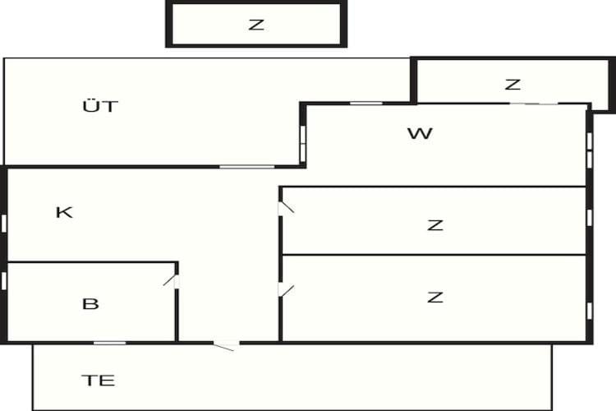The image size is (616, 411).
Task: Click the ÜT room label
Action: point(100,106)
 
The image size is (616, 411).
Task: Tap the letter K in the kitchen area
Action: point(64,212)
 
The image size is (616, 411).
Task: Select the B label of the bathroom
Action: point(90,303)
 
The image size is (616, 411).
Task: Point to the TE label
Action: point(99,381)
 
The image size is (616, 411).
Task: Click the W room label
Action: point(420,134)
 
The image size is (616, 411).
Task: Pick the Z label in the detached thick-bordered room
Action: point(256,25)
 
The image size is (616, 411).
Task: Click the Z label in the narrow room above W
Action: point(513,85)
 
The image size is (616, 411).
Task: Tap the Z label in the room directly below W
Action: point(435,225)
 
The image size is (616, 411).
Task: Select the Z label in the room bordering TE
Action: point(435,297)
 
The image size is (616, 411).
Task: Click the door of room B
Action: point(171,281)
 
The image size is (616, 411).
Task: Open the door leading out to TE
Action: point(227,345)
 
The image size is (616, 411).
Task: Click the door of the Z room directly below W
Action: point(286,208)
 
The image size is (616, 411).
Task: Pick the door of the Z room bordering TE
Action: point(286,290)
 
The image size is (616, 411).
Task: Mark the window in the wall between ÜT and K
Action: point(246,167)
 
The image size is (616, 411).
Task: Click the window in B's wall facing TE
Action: point(109,343)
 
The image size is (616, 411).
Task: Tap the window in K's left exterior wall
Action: point(4,224)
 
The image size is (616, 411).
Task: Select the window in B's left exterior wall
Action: point(4,281)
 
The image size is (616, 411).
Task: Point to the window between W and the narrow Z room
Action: point(535,104)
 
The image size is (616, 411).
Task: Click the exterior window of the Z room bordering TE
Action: point(589,311)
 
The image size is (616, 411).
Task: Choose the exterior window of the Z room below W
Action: point(589,218)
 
